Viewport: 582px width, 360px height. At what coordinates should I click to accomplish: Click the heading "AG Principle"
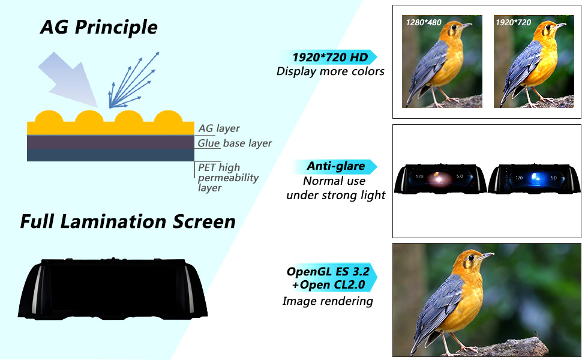(x=99, y=28)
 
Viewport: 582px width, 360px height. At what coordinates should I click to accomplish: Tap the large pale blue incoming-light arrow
(x=71, y=80)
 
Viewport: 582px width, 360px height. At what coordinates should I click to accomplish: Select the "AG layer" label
(x=219, y=128)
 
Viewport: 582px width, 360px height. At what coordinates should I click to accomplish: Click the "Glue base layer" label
(x=235, y=143)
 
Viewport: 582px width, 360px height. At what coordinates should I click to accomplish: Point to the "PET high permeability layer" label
(x=228, y=178)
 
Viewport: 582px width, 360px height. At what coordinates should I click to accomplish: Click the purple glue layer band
(x=110, y=143)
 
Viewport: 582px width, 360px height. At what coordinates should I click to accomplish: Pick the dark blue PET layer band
(x=110, y=155)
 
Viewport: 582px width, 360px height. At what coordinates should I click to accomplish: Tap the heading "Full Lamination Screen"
(x=128, y=221)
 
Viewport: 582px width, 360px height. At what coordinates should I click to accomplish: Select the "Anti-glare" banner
(x=335, y=166)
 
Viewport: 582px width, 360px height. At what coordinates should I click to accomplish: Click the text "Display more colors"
(x=331, y=71)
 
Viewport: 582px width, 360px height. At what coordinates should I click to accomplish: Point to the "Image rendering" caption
(x=328, y=301)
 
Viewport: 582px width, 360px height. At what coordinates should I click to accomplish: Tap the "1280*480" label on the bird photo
(x=424, y=23)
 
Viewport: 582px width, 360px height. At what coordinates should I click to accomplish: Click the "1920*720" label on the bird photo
(x=514, y=23)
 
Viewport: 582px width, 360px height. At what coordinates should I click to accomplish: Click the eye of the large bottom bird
(x=471, y=257)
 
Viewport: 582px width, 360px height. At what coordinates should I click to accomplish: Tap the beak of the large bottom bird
(x=486, y=256)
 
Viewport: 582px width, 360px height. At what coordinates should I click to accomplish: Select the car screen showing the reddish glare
(x=440, y=179)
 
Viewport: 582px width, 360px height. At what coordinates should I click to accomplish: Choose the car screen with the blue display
(x=534, y=179)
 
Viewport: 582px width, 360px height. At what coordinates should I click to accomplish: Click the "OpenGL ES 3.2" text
(x=328, y=272)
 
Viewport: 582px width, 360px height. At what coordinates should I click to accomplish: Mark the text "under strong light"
(x=335, y=195)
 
